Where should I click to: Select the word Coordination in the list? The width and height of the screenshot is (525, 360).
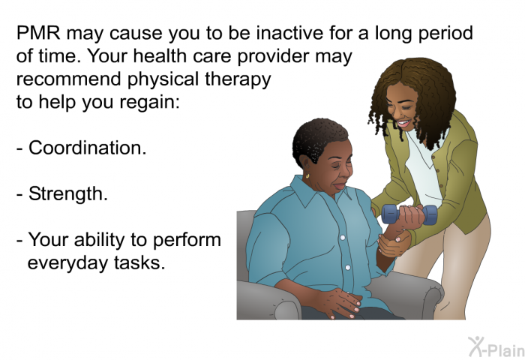coord(87,148)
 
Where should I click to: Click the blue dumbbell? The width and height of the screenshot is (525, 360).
coord(409,215)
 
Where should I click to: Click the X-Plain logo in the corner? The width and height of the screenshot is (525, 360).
coord(494,346)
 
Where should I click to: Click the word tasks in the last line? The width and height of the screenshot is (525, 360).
coord(140,263)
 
